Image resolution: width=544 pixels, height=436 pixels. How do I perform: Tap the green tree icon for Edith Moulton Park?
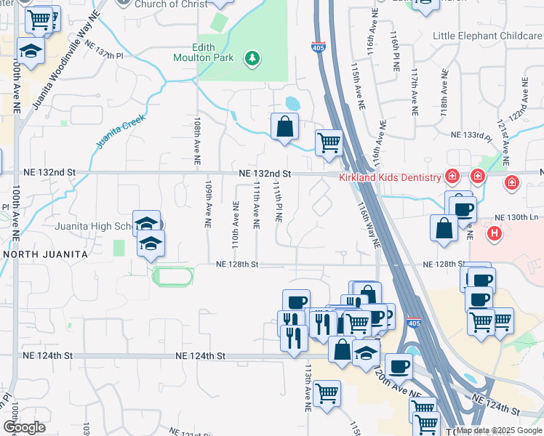[x=252, y=57]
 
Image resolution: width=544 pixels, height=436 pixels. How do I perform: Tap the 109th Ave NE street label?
[x=208, y=205]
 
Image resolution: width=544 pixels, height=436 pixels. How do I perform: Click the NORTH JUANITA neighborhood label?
[x=45, y=254]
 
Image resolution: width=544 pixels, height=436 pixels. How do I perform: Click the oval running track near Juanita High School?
[x=173, y=276]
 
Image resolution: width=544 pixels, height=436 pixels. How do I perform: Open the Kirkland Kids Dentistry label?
[x=391, y=177]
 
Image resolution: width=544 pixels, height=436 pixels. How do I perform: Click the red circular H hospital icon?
[x=495, y=233]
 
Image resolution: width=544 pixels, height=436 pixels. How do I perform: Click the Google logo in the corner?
[x=24, y=427]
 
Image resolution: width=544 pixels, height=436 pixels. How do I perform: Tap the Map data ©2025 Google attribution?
[x=498, y=430]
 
